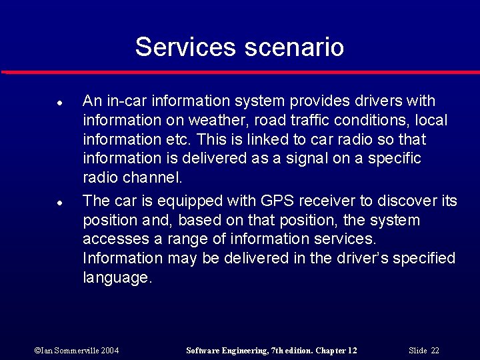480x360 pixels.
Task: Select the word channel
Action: [153, 178]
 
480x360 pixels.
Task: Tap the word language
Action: [117, 278]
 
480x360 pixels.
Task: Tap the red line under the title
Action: [240, 72]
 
